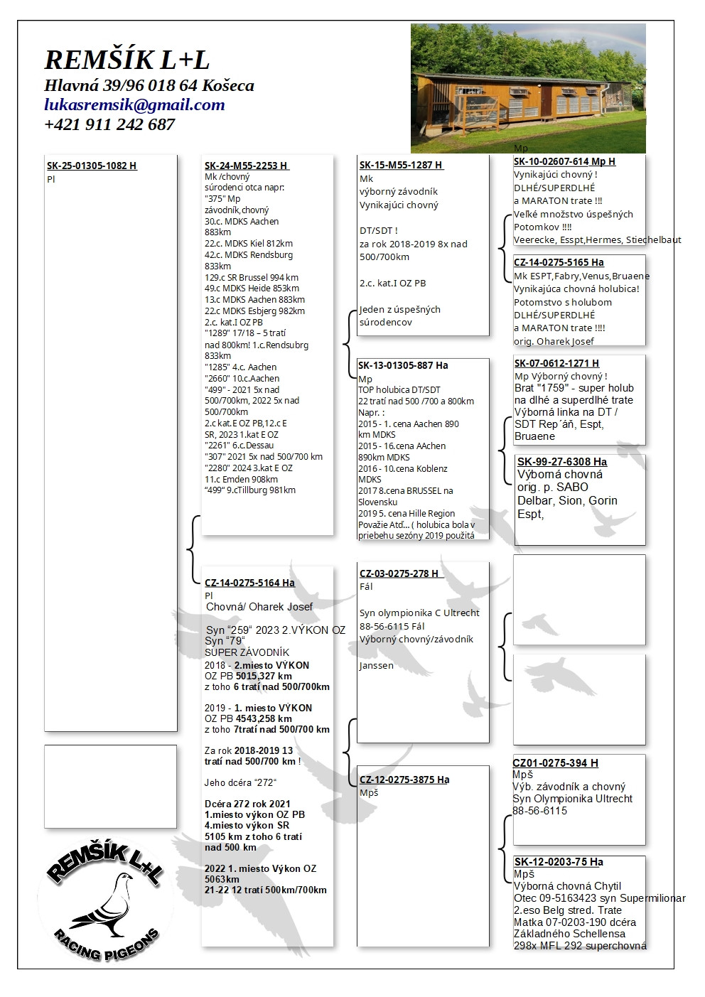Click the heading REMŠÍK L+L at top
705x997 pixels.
point(127,60)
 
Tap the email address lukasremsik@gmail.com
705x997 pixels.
point(134,105)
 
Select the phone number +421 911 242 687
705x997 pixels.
point(109,124)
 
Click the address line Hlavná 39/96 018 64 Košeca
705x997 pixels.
point(149,86)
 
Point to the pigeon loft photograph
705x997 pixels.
point(528,88)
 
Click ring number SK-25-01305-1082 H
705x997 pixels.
point(92,166)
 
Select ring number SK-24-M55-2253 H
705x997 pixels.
point(246,166)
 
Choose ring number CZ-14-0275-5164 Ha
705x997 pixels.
point(249,583)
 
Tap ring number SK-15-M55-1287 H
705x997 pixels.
point(401,165)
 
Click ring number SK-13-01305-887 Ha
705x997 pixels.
point(403,365)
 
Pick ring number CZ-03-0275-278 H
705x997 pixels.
point(399,573)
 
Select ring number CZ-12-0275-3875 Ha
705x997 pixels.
point(404,780)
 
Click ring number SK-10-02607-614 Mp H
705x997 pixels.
point(564,161)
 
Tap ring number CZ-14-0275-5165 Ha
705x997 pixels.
point(559,262)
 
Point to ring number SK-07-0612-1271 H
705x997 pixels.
point(556,363)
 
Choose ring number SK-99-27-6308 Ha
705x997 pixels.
point(562,462)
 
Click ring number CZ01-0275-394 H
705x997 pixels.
point(555,763)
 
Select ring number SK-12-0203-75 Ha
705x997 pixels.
point(558,862)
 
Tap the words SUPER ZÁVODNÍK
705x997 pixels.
point(247,652)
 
